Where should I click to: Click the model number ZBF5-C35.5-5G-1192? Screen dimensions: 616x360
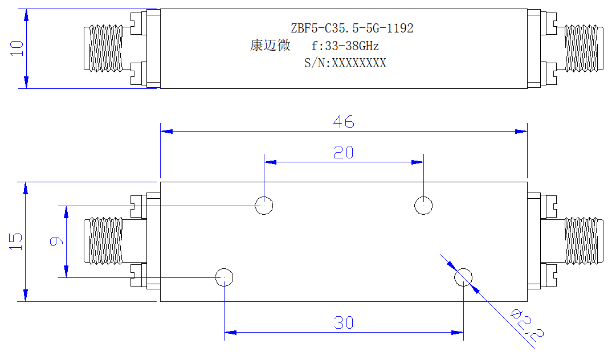point(352,28)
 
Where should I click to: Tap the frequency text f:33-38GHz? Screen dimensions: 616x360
point(345,46)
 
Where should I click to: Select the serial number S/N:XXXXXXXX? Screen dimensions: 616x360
point(345,63)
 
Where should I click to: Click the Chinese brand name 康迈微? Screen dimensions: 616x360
point(270,45)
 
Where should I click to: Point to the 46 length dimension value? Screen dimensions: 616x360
point(344,122)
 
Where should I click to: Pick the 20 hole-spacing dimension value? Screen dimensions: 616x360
point(344,152)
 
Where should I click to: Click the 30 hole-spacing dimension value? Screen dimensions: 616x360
point(344,323)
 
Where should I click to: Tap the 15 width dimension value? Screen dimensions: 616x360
point(16,242)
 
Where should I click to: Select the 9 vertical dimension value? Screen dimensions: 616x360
point(56,242)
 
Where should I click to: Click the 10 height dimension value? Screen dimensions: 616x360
point(17,48)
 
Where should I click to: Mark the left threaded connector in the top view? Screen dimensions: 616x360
point(104,48)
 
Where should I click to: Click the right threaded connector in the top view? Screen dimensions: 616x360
point(584,48)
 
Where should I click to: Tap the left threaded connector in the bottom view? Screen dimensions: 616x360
point(104,240)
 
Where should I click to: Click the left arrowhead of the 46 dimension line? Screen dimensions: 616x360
point(166,132)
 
